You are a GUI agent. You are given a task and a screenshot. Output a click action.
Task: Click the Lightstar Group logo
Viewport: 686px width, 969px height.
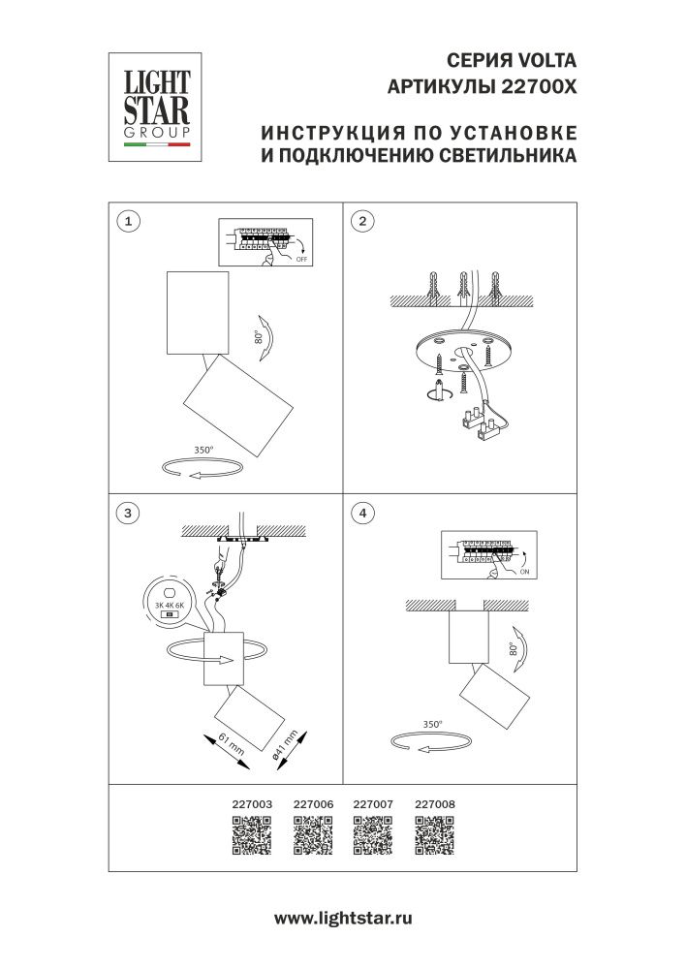tap(153, 106)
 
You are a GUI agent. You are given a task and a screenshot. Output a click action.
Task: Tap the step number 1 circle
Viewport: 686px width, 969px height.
tap(126, 221)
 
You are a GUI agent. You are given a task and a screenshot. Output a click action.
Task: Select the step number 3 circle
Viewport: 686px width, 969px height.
tap(126, 513)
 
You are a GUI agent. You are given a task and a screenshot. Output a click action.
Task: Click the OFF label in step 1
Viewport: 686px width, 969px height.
tap(300, 260)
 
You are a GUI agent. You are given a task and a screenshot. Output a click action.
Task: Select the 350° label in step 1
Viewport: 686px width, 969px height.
tap(203, 451)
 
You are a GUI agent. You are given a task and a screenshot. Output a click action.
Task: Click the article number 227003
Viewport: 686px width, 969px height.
tap(252, 803)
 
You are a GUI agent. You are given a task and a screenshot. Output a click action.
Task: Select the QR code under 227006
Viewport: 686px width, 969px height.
tap(312, 835)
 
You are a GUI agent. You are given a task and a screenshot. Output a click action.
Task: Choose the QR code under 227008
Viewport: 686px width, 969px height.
tap(434, 835)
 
